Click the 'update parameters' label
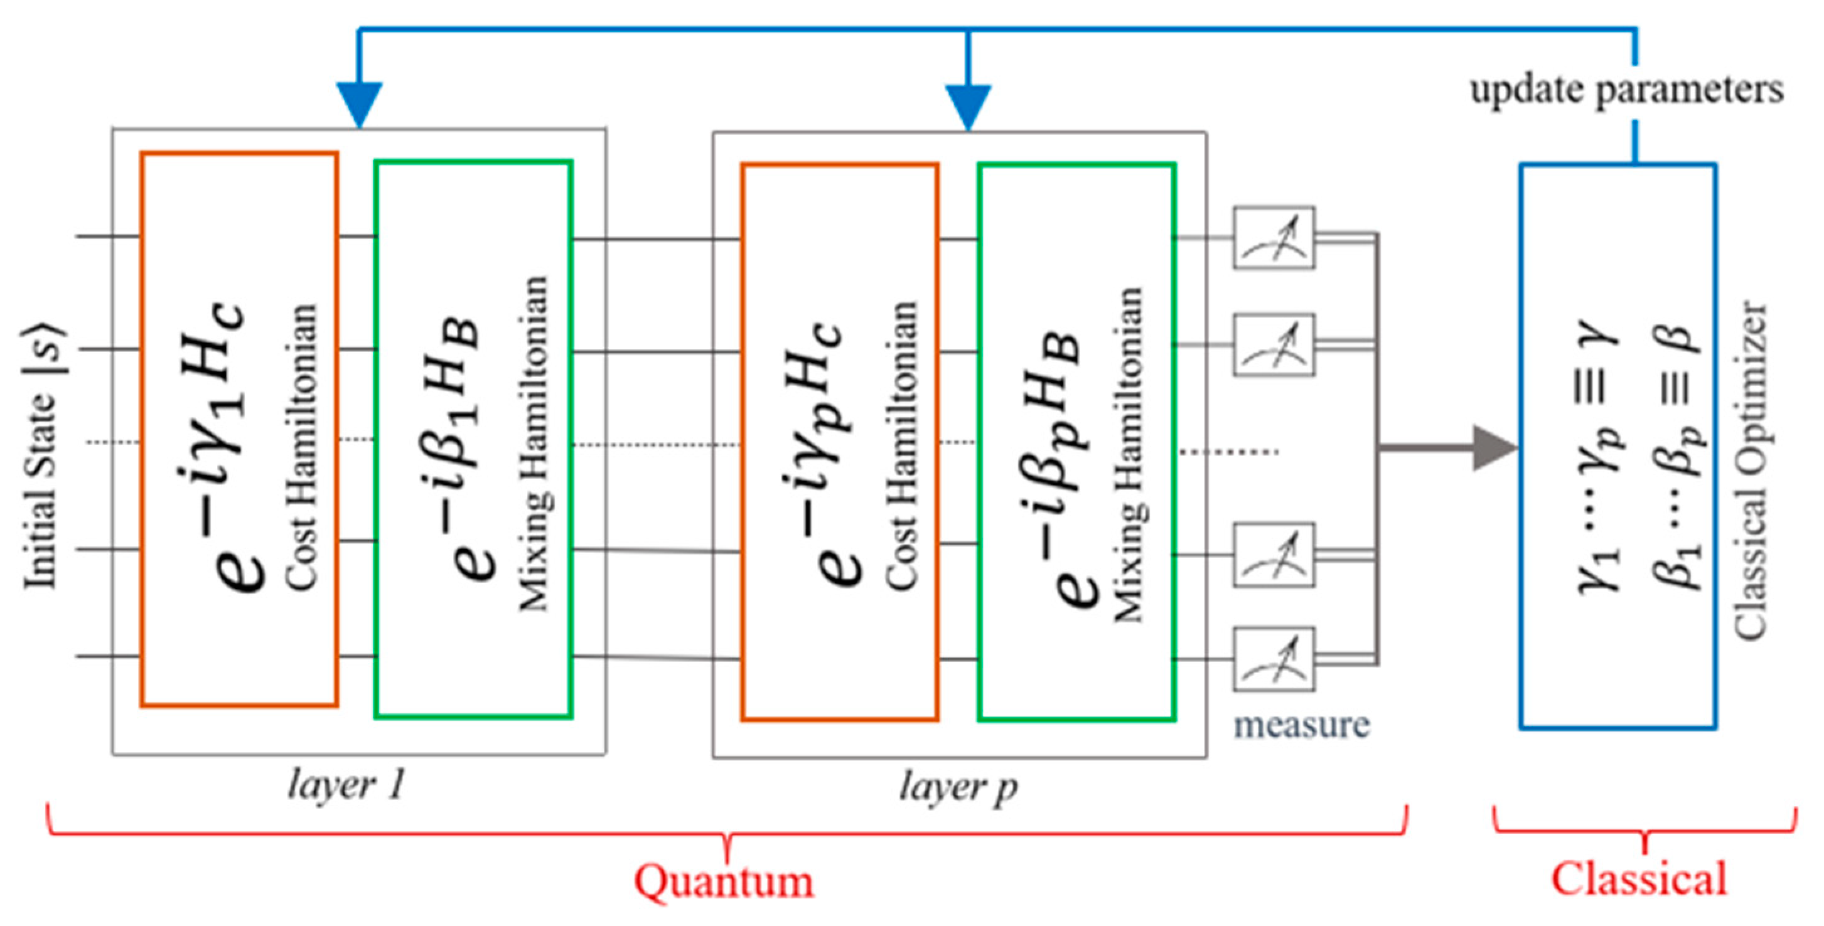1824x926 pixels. pyautogui.click(x=1626, y=90)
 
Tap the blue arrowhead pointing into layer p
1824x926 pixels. pyautogui.click(x=968, y=106)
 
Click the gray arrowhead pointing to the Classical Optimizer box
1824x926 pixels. pyautogui.click(x=1493, y=447)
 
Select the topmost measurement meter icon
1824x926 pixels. pyautogui.click(x=1274, y=238)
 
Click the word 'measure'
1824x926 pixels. pyautogui.click(x=1301, y=725)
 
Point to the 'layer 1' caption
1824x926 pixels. pyautogui.click(x=347, y=784)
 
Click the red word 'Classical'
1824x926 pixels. pyautogui.click(x=1638, y=878)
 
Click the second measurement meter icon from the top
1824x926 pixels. pyautogui.click(x=1274, y=345)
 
